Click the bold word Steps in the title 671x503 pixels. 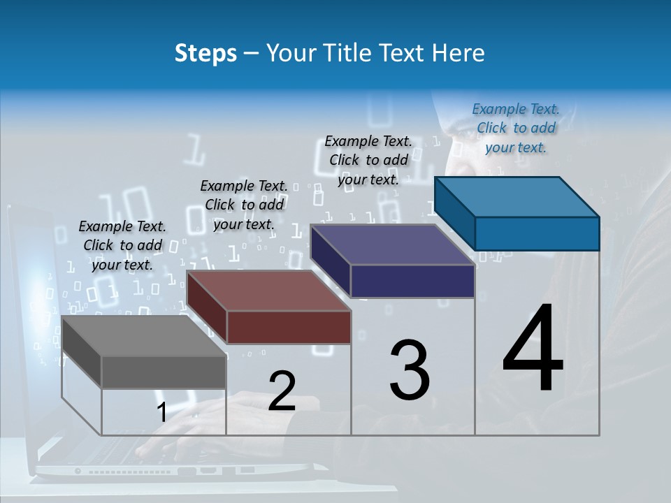click(x=205, y=54)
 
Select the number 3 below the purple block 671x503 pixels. click(x=410, y=370)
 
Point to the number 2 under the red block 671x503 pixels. click(x=282, y=392)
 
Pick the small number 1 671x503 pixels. click(x=161, y=413)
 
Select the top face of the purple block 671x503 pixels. click(x=391, y=245)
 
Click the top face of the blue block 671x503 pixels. click(x=517, y=196)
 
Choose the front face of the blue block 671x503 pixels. click(x=537, y=233)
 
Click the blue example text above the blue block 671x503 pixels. click(x=515, y=128)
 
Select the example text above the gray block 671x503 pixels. click(x=122, y=245)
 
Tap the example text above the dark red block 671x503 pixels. click(x=244, y=205)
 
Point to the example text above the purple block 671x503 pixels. click(x=368, y=160)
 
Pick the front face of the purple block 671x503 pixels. click(x=412, y=281)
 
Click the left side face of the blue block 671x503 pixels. click(x=454, y=214)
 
